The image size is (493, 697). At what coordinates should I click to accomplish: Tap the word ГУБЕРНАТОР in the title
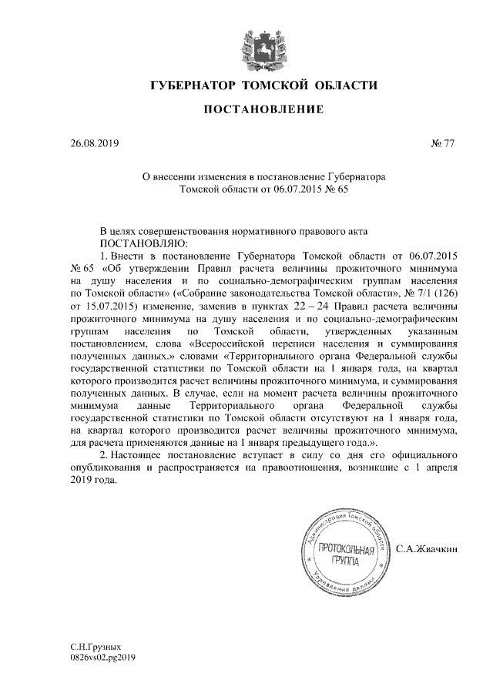click(193, 84)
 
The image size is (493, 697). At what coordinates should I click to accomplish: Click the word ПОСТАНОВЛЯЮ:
click(116, 243)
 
